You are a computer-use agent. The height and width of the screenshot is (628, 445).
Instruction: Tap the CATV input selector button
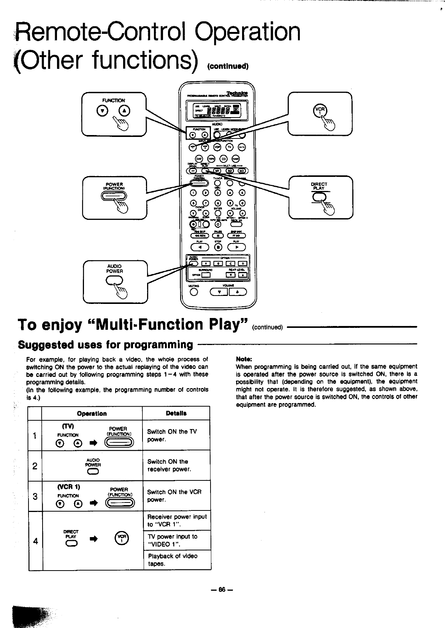(242, 148)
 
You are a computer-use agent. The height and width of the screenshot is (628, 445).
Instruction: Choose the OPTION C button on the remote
(219, 264)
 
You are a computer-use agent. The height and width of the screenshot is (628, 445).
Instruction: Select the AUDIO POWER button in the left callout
(114, 280)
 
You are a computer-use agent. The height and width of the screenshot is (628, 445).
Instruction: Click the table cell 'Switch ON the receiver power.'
(176, 465)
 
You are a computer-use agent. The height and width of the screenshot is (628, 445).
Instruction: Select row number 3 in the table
(35, 496)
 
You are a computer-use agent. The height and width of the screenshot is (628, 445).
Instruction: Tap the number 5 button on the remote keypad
(242, 192)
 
